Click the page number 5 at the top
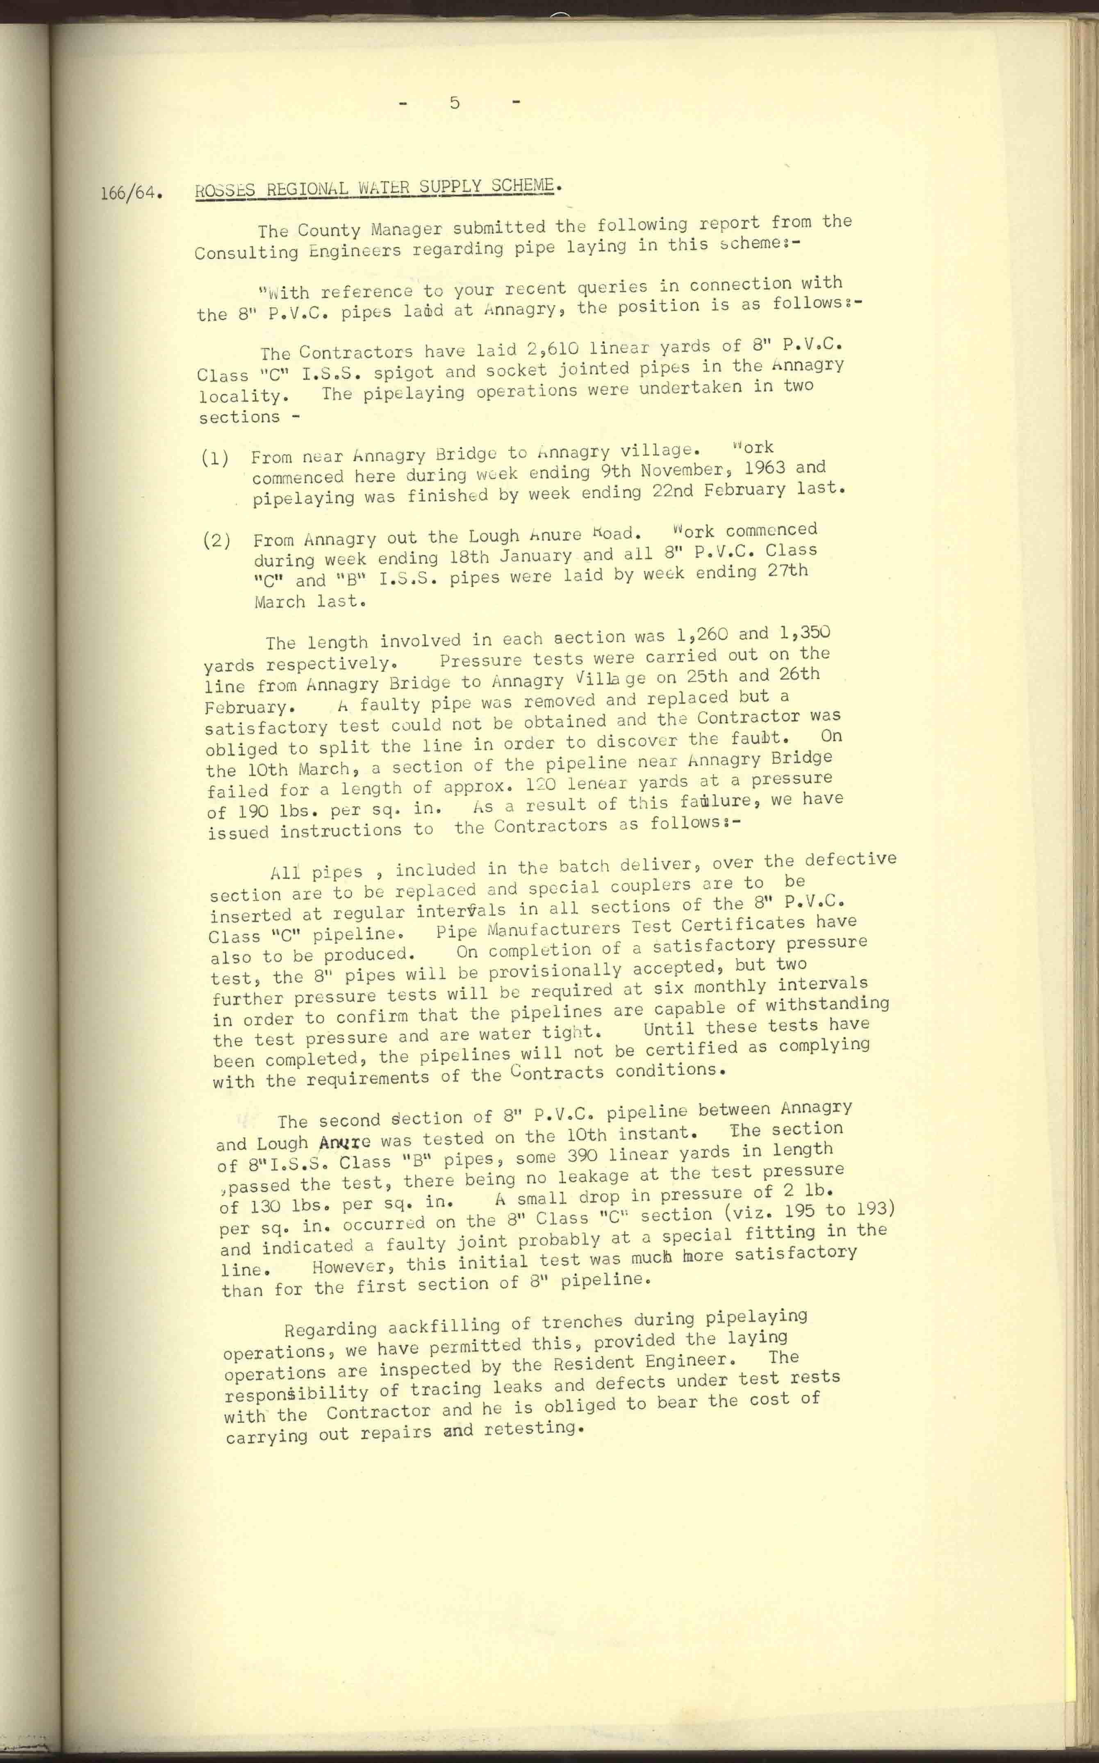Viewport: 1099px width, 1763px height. tap(454, 103)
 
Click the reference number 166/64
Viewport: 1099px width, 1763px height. tap(130, 194)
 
